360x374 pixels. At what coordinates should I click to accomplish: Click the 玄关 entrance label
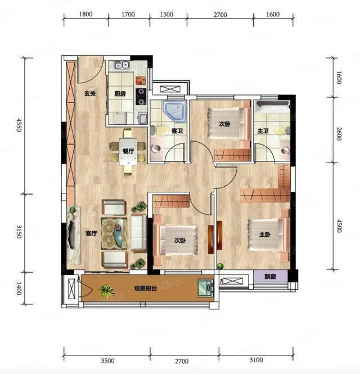[90, 93]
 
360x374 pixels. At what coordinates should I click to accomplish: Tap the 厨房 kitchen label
[120, 94]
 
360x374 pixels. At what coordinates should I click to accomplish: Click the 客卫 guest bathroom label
[177, 130]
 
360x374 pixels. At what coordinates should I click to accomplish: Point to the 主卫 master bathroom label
[263, 131]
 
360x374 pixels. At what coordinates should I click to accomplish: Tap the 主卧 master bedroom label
[265, 235]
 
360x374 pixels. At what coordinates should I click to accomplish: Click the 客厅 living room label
[91, 233]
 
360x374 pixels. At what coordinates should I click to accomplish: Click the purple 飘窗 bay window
[271, 277]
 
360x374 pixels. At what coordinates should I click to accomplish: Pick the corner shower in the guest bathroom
[174, 111]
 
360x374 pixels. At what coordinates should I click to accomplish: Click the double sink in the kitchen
[121, 65]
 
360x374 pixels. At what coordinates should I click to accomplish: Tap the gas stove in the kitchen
[141, 96]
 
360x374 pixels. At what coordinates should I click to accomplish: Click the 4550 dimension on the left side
[19, 125]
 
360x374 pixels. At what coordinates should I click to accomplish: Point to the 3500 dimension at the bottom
[107, 361]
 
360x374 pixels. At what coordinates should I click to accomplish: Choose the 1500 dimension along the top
[166, 14]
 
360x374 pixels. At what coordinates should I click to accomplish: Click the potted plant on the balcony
[106, 290]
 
